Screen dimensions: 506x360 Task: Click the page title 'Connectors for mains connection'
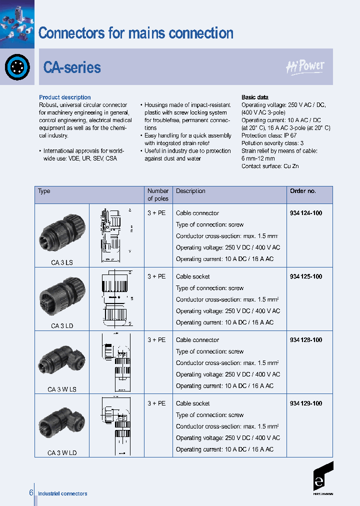point(135,33)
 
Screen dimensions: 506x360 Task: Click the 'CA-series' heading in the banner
point(72,67)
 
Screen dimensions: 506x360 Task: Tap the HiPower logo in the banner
point(305,67)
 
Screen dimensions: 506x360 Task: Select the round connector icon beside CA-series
point(17,67)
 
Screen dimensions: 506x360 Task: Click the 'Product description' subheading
point(65,97)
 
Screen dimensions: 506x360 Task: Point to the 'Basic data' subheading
point(254,97)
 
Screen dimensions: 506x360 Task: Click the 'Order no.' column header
point(302,191)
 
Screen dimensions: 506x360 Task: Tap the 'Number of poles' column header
point(158,194)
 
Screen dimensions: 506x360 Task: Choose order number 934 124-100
point(305,213)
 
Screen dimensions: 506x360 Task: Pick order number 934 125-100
point(305,276)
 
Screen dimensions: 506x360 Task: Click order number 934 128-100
point(305,340)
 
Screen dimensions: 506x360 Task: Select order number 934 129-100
point(305,403)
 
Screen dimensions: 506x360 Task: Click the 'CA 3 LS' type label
point(62,262)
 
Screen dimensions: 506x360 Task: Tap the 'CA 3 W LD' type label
point(62,453)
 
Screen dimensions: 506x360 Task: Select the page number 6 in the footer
point(31,493)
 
